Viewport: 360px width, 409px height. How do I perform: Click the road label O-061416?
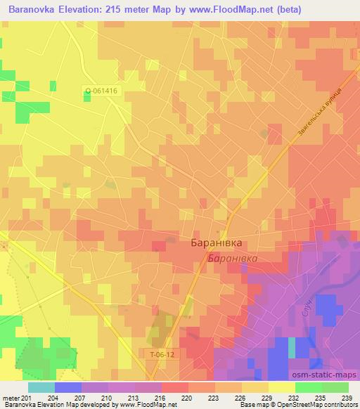101,90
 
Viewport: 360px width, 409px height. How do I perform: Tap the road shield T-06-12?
163,355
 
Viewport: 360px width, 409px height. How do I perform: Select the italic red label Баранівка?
233,259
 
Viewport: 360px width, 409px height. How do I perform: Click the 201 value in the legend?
27,398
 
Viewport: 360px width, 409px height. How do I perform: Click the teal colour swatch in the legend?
41,387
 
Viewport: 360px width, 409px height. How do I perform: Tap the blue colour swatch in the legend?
67,387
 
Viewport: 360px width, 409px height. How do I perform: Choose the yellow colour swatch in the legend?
281,387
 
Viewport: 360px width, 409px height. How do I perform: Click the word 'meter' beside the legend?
11,398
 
